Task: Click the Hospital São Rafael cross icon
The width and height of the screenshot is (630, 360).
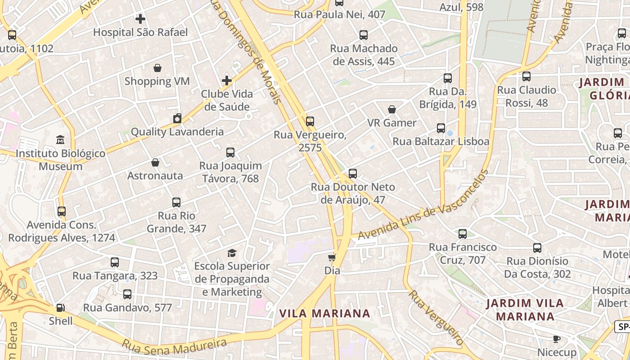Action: (140, 19)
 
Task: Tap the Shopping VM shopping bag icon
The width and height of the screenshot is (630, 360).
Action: (157, 68)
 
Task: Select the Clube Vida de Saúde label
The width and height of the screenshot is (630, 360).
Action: (227, 100)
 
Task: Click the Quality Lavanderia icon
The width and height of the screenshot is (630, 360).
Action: (177, 119)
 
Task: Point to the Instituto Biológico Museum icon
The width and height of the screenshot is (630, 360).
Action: (60, 140)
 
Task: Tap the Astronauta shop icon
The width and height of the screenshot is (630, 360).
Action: (155, 162)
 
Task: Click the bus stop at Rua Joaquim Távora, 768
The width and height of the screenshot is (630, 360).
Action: (230, 153)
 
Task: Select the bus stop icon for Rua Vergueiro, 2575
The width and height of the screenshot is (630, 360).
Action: (310, 121)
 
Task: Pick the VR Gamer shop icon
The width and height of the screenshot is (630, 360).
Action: (392, 109)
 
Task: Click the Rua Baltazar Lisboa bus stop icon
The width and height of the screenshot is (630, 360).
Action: (441, 128)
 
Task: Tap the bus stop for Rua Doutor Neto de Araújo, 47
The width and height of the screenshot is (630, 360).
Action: (353, 174)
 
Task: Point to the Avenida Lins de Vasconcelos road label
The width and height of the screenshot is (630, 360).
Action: (423, 206)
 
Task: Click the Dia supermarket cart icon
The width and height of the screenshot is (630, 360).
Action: (332, 257)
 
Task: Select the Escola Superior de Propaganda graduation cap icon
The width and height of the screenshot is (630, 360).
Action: (232, 253)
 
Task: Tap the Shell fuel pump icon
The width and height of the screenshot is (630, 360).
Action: (60, 308)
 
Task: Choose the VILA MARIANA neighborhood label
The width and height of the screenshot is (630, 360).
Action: (324, 313)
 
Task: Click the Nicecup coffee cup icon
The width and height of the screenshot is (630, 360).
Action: (557, 339)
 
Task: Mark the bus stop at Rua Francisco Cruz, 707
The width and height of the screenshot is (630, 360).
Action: (463, 234)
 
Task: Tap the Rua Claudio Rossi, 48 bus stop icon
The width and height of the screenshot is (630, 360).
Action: (526, 76)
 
